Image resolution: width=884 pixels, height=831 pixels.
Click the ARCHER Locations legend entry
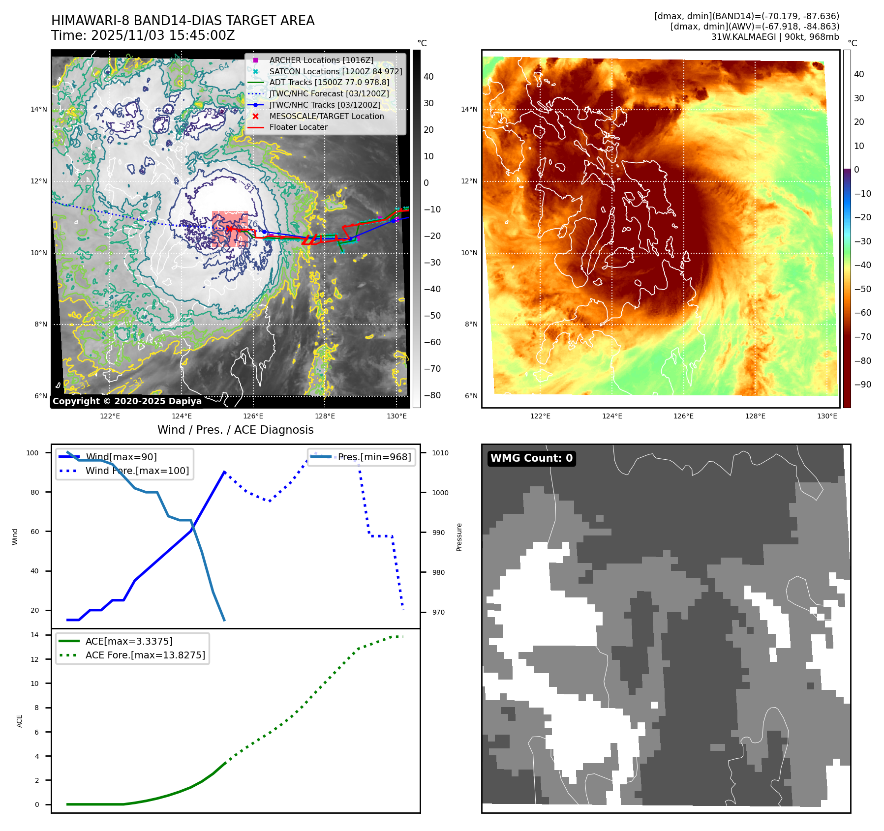321,60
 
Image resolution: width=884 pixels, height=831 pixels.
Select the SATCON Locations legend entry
335,71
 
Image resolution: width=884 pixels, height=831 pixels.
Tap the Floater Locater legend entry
298,127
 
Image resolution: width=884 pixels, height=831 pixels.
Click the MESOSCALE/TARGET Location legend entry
326,116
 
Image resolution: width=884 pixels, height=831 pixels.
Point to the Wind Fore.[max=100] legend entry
137,471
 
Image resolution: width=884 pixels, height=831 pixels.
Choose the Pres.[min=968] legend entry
374,457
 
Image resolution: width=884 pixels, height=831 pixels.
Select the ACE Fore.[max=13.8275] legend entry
145,655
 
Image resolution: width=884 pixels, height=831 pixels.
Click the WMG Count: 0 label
531,458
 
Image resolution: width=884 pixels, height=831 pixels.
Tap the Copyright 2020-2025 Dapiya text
127,401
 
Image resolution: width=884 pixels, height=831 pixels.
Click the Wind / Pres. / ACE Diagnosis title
235,430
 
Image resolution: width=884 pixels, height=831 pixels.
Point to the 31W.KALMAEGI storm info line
775,37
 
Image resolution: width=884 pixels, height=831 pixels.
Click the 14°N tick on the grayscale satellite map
39,109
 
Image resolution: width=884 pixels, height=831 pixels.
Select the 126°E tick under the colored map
683,416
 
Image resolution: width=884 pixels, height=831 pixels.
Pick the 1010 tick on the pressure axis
440,453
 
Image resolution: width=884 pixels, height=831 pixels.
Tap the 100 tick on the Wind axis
32,453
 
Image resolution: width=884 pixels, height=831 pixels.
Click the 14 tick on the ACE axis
34,635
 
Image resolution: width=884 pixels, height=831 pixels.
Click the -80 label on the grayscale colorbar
432,395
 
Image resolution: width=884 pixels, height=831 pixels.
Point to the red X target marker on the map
229,229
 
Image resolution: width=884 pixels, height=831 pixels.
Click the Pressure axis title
459,537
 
